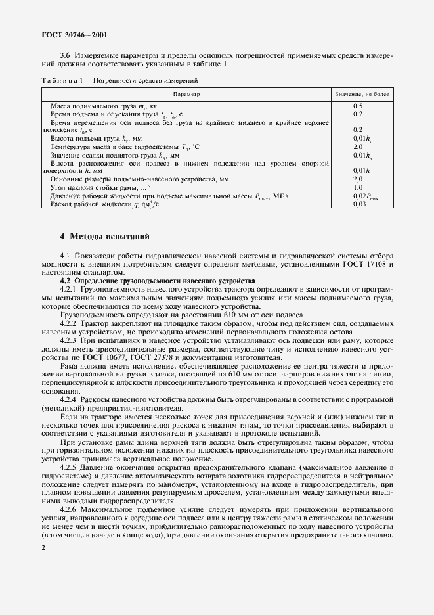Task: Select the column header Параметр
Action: point(186,95)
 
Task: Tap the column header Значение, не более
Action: point(362,95)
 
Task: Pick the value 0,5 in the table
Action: point(358,106)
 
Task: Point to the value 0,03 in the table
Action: point(359,204)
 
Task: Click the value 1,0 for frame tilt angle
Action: point(358,187)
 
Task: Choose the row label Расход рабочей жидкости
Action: point(105,204)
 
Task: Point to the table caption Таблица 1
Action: point(63,81)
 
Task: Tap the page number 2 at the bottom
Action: point(43,547)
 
